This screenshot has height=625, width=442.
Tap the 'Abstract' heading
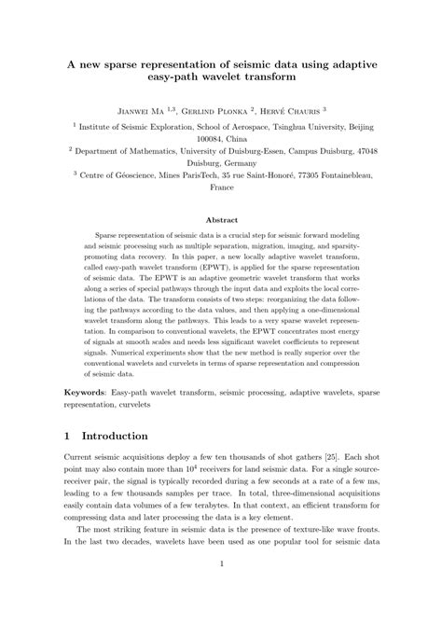pyautogui.click(x=221, y=221)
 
